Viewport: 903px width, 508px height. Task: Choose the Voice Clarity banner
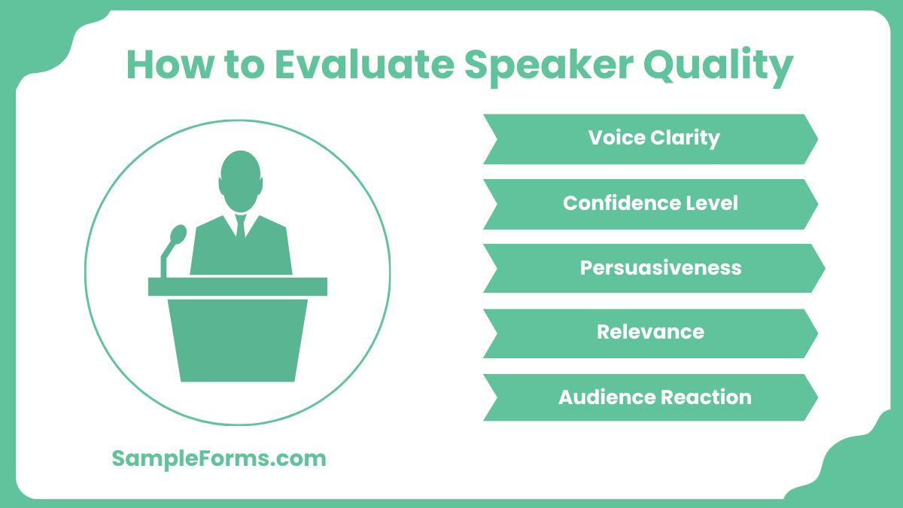click(651, 138)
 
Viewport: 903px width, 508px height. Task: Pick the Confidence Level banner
click(651, 203)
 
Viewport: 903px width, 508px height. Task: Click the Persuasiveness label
click(660, 268)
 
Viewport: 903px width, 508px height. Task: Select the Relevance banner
click(651, 333)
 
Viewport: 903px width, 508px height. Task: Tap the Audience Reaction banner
click(651, 397)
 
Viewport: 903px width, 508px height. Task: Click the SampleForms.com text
click(219, 458)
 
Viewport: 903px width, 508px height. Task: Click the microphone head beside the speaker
click(178, 234)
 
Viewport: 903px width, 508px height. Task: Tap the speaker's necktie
click(241, 226)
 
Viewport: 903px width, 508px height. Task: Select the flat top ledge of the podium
click(238, 287)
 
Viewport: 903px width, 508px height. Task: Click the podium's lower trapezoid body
click(238, 339)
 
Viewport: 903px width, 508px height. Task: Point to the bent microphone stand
click(165, 262)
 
